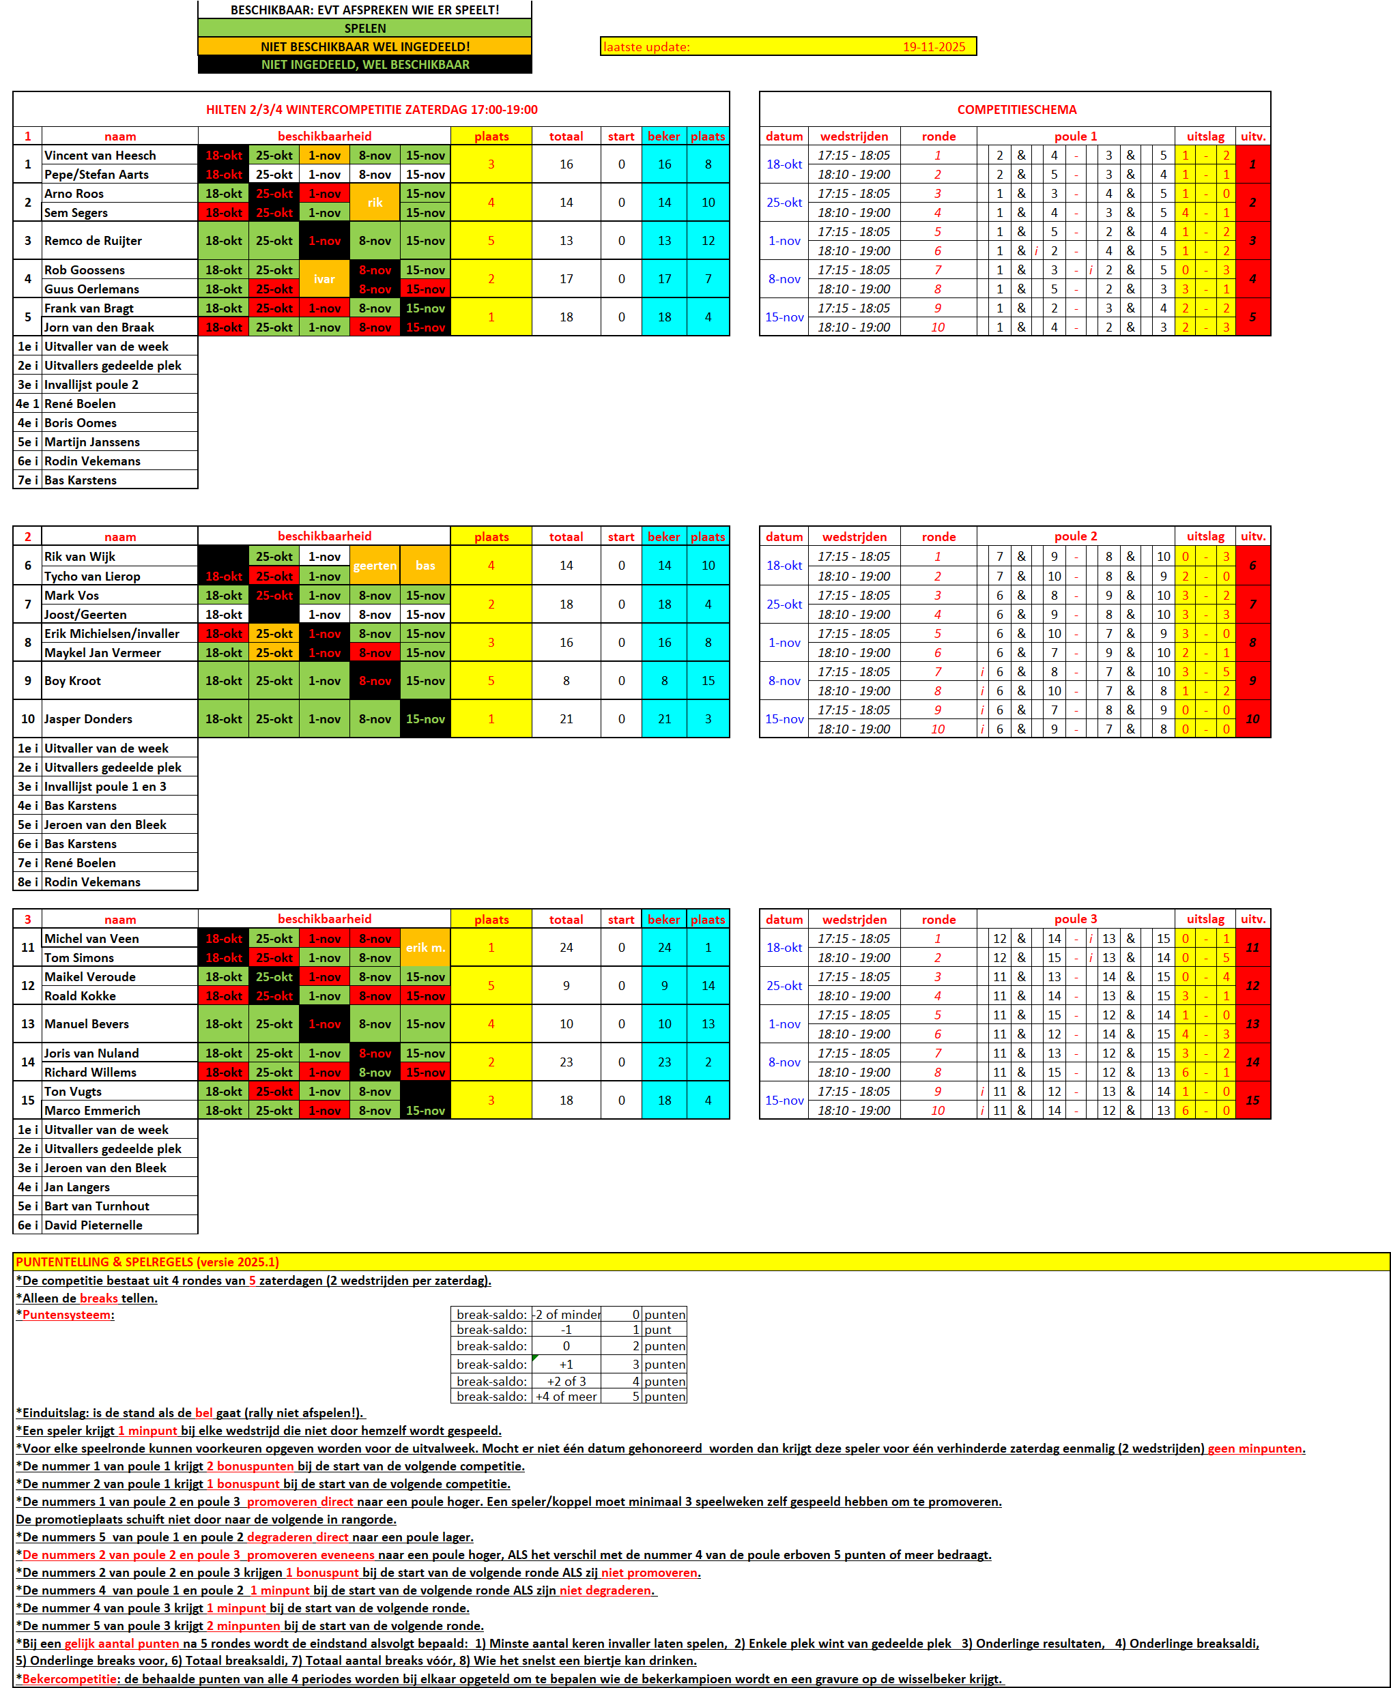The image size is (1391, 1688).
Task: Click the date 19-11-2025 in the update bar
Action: pyautogui.click(x=934, y=46)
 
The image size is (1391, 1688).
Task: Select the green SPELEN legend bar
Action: pyautogui.click(x=364, y=28)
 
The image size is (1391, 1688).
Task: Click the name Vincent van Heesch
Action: pyautogui.click(x=100, y=156)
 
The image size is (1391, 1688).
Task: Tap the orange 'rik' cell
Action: pyautogui.click(x=375, y=203)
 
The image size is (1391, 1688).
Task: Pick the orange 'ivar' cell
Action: pyautogui.click(x=324, y=279)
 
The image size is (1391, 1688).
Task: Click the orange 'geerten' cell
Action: pyautogui.click(x=375, y=566)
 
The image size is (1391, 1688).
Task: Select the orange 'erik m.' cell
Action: pyautogui.click(x=425, y=947)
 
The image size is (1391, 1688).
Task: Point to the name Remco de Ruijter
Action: pyautogui.click(x=93, y=240)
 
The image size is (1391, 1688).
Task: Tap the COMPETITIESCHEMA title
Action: pyautogui.click(x=1016, y=110)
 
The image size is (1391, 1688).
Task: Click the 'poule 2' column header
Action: pyautogui.click(x=1075, y=536)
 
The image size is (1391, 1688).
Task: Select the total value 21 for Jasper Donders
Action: pyautogui.click(x=566, y=718)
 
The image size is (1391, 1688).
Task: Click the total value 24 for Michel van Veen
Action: pyautogui.click(x=566, y=947)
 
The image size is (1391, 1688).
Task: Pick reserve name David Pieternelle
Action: pyautogui.click(x=93, y=1225)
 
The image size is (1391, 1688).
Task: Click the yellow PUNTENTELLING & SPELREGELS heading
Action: pyautogui.click(x=147, y=1262)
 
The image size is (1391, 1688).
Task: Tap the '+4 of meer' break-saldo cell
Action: pyautogui.click(x=566, y=1397)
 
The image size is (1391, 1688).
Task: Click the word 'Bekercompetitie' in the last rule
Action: pyautogui.click(x=70, y=1678)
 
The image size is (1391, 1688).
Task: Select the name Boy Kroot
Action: pyautogui.click(x=73, y=680)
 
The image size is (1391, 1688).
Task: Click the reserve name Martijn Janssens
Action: pyautogui.click(x=92, y=442)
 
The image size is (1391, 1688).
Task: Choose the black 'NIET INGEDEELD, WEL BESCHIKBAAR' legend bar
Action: pyautogui.click(x=364, y=65)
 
